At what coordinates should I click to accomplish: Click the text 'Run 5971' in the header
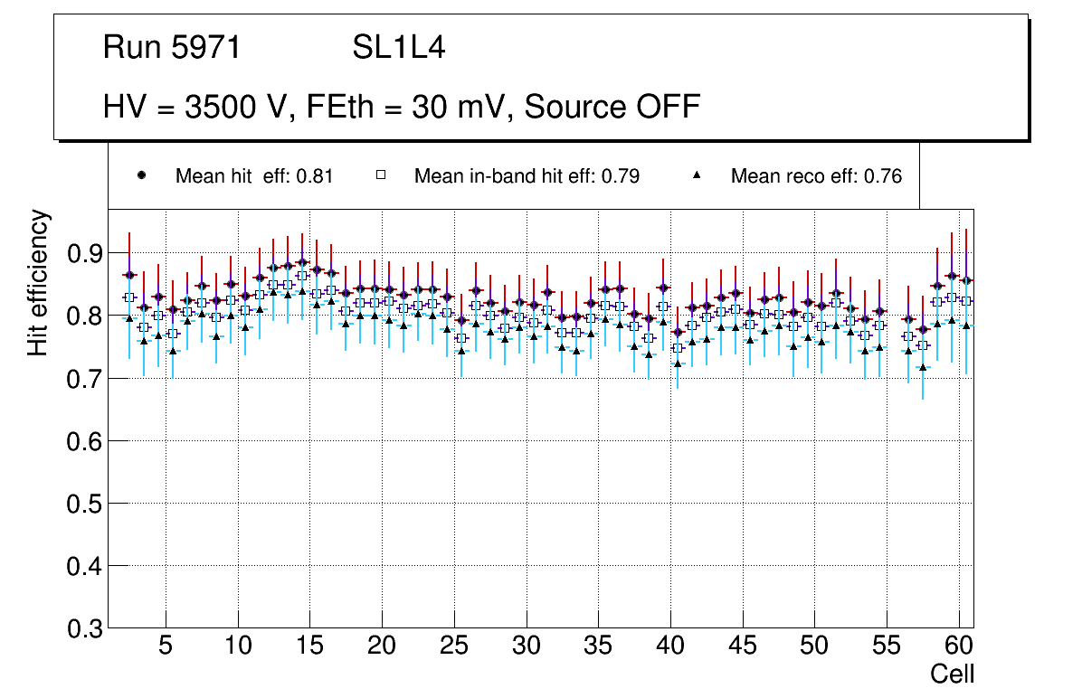(172, 48)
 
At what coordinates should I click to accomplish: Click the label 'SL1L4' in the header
(398, 48)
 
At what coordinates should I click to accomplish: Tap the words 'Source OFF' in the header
(612, 107)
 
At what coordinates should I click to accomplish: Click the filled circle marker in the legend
(141, 176)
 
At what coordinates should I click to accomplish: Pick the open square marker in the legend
(381, 176)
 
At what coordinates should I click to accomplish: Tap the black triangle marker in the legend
(698, 176)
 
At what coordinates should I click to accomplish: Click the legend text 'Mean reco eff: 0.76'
(816, 176)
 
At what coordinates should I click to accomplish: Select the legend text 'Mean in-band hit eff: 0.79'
(527, 176)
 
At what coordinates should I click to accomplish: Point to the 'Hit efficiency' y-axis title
(39, 282)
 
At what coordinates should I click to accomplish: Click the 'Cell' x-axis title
(953, 674)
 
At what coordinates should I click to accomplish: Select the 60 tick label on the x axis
(958, 647)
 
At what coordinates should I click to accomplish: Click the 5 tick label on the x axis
(166, 647)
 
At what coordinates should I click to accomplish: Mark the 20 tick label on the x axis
(382, 647)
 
